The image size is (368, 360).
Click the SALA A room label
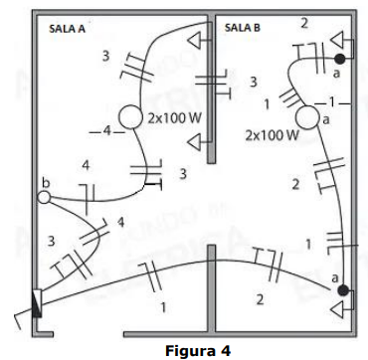(x=67, y=29)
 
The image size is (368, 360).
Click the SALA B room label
(x=243, y=28)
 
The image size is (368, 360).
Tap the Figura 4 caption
(x=198, y=350)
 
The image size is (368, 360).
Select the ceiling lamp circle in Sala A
(x=130, y=116)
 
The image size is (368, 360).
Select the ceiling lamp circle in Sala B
(x=307, y=117)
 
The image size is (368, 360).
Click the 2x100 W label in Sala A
(x=174, y=118)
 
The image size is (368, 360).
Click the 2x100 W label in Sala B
(x=272, y=135)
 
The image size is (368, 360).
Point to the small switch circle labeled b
(x=44, y=198)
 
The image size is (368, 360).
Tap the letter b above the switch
(x=46, y=184)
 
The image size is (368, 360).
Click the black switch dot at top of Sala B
(x=340, y=59)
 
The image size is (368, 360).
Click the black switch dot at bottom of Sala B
(x=343, y=290)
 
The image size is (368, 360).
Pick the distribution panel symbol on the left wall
(x=38, y=303)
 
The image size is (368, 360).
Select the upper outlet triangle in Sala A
(x=195, y=41)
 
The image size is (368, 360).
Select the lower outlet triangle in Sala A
(x=195, y=142)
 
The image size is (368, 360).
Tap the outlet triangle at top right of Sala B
(x=338, y=40)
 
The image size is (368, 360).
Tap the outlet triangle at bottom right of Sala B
(x=338, y=309)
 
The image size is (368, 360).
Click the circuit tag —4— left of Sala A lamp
(x=106, y=131)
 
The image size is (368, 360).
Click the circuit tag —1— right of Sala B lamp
(x=332, y=103)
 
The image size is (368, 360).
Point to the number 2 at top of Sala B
(x=304, y=24)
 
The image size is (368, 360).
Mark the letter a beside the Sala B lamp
(x=326, y=120)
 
